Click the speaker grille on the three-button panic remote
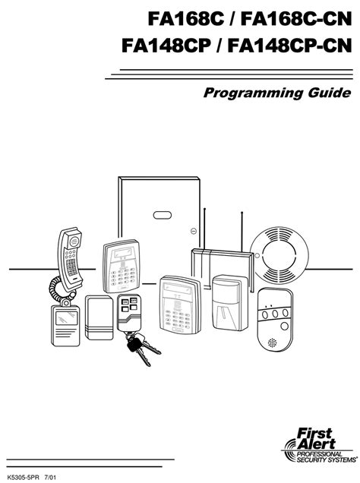[x=271, y=343]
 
